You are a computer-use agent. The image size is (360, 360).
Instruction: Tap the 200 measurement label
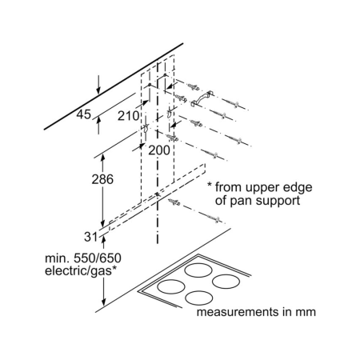[159, 150]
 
